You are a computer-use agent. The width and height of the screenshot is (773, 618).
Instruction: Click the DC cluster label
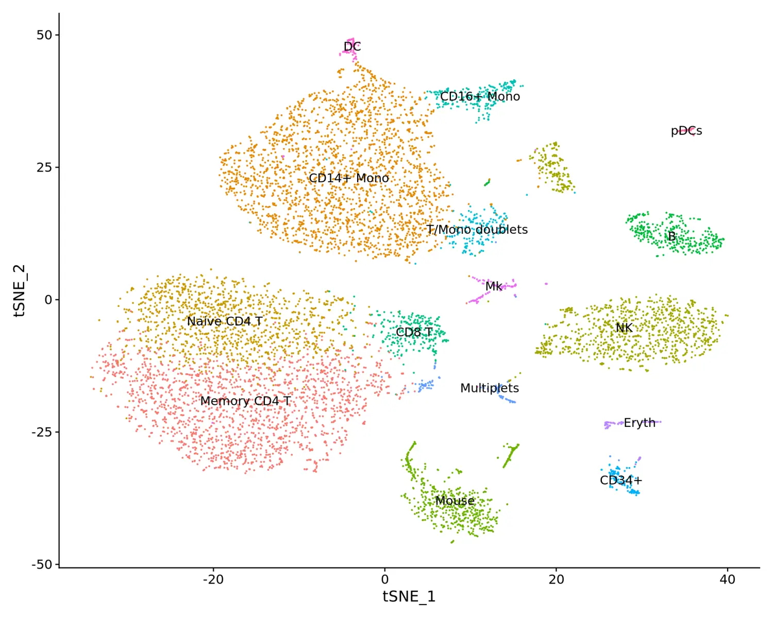coord(352,47)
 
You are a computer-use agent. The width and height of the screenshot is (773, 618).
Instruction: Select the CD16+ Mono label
coord(480,96)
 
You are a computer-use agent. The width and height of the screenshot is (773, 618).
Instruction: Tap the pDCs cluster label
coord(686,131)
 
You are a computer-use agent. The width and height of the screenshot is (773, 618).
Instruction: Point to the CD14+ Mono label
coord(349,178)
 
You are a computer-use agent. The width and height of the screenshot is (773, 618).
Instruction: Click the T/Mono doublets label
coord(477,229)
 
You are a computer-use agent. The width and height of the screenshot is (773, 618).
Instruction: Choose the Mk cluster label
coord(494,286)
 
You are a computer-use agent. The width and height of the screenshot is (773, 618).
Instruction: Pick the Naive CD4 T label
coord(224,321)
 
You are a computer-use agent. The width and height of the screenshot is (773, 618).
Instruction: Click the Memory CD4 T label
coord(245,401)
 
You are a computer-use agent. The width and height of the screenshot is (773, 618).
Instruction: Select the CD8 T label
coord(414,332)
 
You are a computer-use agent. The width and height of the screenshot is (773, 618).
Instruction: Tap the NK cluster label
coord(624,328)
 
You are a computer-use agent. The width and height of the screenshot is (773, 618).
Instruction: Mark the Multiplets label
coord(490,388)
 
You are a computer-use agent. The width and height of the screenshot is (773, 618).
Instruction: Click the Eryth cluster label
coord(640,423)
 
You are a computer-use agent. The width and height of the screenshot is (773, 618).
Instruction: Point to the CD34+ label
coord(621,480)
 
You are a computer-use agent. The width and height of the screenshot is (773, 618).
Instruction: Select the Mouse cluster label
coord(455,501)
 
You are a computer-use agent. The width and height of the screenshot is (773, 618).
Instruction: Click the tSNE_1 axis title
coord(409,596)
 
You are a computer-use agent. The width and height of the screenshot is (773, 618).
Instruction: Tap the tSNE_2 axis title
coord(19,290)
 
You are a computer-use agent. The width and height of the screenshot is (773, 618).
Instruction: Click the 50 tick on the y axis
coord(44,35)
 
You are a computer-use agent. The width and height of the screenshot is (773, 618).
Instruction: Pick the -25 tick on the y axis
coord(42,432)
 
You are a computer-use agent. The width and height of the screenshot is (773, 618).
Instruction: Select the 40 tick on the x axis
coord(727,579)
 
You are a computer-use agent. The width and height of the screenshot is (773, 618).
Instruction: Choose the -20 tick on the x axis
coord(213,579)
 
